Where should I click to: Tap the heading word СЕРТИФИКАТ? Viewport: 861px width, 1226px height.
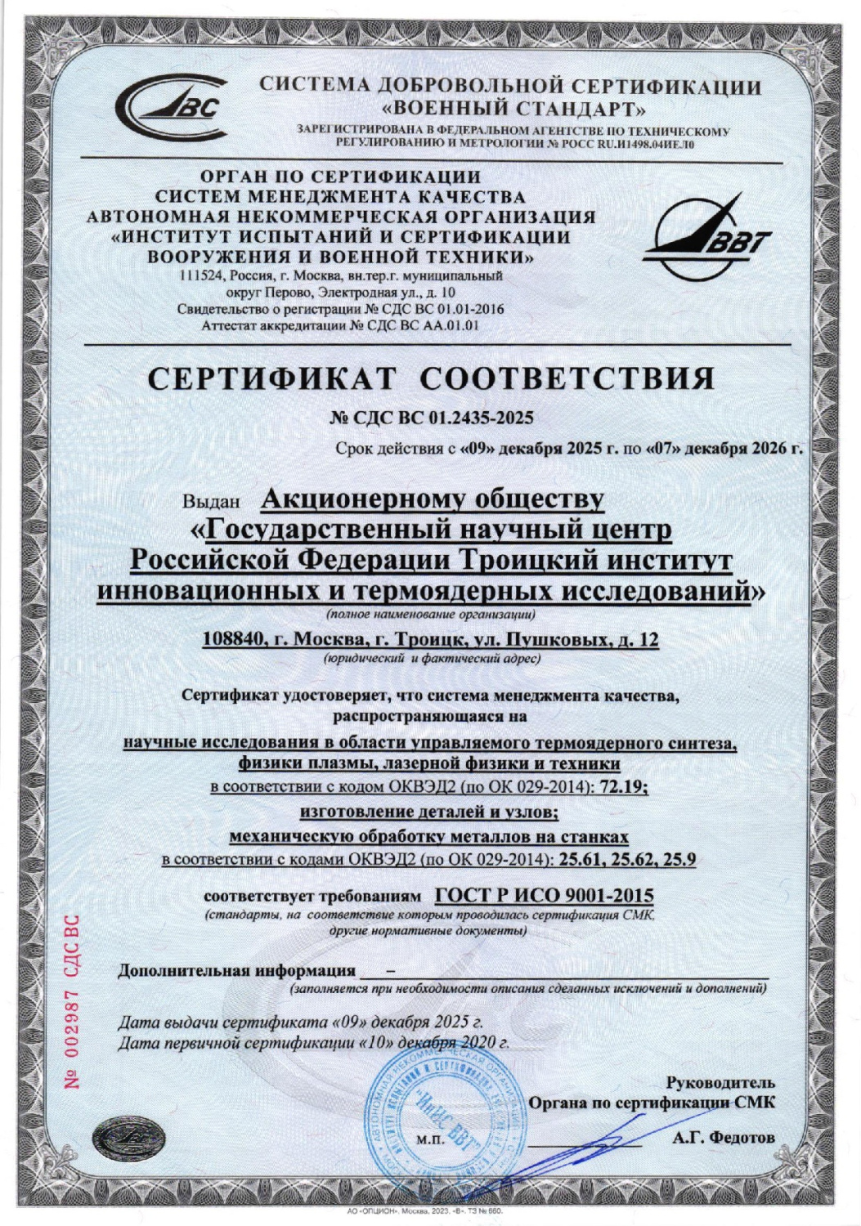(272, 378)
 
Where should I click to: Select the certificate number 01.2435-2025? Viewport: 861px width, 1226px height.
(478, 418)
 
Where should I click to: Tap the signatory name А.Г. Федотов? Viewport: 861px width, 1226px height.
(723, 1137)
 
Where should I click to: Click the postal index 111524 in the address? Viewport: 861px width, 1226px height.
(202, 275)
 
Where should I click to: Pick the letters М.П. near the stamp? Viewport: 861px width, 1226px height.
(431, 1139)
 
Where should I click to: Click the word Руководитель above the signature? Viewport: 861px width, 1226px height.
(720, 1082)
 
